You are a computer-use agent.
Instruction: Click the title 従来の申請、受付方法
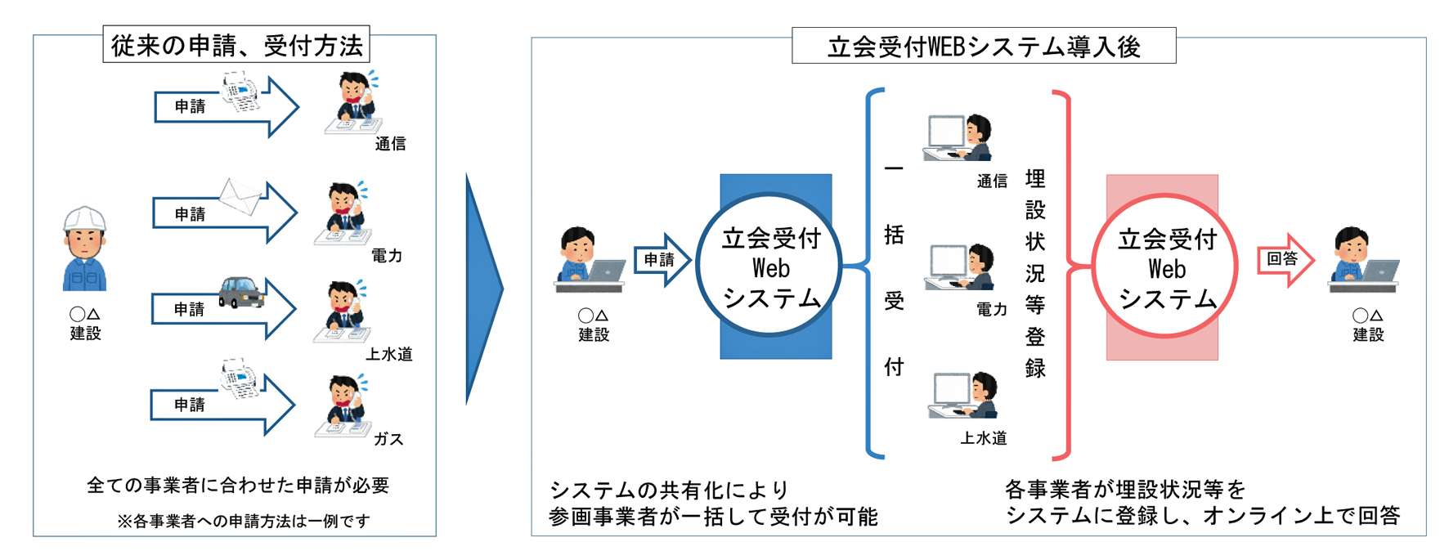[236, 45]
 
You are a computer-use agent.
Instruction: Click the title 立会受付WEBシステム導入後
[984, 47]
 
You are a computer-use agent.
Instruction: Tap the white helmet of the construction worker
[85, 219]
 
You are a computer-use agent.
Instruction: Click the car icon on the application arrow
[241, 291]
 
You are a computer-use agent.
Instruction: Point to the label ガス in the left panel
[388, 439]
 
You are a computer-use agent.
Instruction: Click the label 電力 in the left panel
[386, 256]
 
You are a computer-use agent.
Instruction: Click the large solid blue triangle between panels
[482, 289]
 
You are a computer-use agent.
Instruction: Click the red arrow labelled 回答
[1285, 260]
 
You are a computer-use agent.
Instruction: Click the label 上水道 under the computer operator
[983, 438]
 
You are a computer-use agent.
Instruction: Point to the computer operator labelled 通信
[958, 137]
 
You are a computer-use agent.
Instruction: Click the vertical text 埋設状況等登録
[1034, 274]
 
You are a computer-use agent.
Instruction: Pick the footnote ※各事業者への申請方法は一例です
[243, 521]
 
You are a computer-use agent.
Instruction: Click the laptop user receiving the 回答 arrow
[1362, 260]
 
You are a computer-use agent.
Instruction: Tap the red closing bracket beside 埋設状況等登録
[1064, 274]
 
